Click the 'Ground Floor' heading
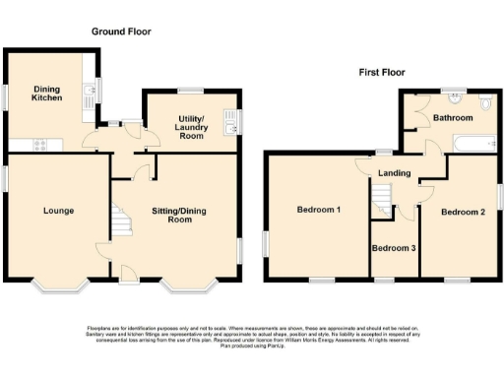(121, 31)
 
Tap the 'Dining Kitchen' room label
(46, 93)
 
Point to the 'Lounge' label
(58, 211)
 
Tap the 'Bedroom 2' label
(461, 212)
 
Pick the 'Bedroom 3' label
(394, 247)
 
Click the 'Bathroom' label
(453, 118)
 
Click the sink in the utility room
(229, 122)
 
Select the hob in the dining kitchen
(42, 145)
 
